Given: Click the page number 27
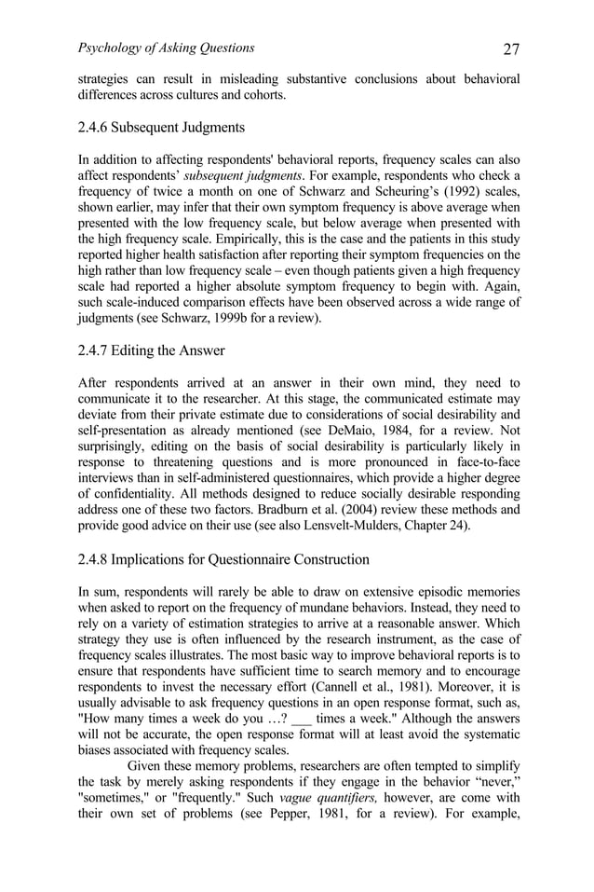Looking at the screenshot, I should pos(510,49).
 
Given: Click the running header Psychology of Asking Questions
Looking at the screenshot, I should pos(166,48).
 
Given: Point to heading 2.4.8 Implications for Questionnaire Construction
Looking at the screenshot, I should pos(223,559).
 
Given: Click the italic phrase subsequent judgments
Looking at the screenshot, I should pos(260,175).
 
